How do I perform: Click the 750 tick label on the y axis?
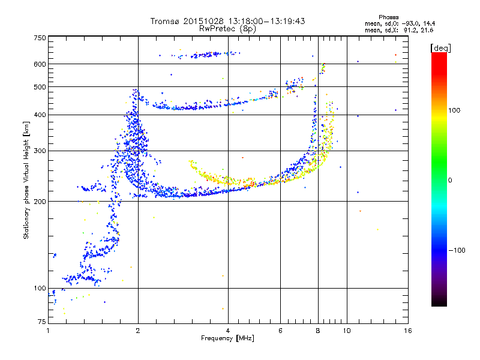pyautogui.click(x=40, y=38)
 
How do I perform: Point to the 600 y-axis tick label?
pyautogui.click(x=40, y=64)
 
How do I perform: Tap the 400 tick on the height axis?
pyautogui.click(x=40, y=115)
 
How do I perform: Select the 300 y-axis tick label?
pyautogui.click(x=40, y=151)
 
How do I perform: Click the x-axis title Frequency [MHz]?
pyautogui.click(x=227, y=339)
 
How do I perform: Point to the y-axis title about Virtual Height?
pyautogui.click(x=26, y=181)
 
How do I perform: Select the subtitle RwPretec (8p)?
pyautogui.click(x=227, y=28)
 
